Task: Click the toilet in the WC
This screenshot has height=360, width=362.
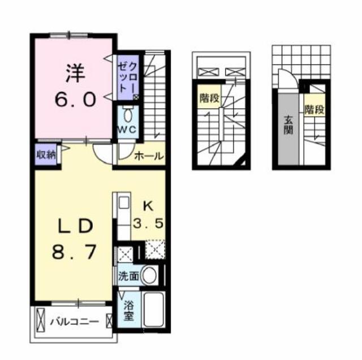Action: (x=127, y=116)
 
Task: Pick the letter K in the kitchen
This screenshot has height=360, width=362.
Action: (x=147, y=206)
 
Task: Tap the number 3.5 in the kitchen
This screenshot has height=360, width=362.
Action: (x=148, y=223)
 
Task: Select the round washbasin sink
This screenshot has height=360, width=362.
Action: (x=149, y=276)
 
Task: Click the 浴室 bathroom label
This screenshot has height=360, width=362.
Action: (x=129, y=310)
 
